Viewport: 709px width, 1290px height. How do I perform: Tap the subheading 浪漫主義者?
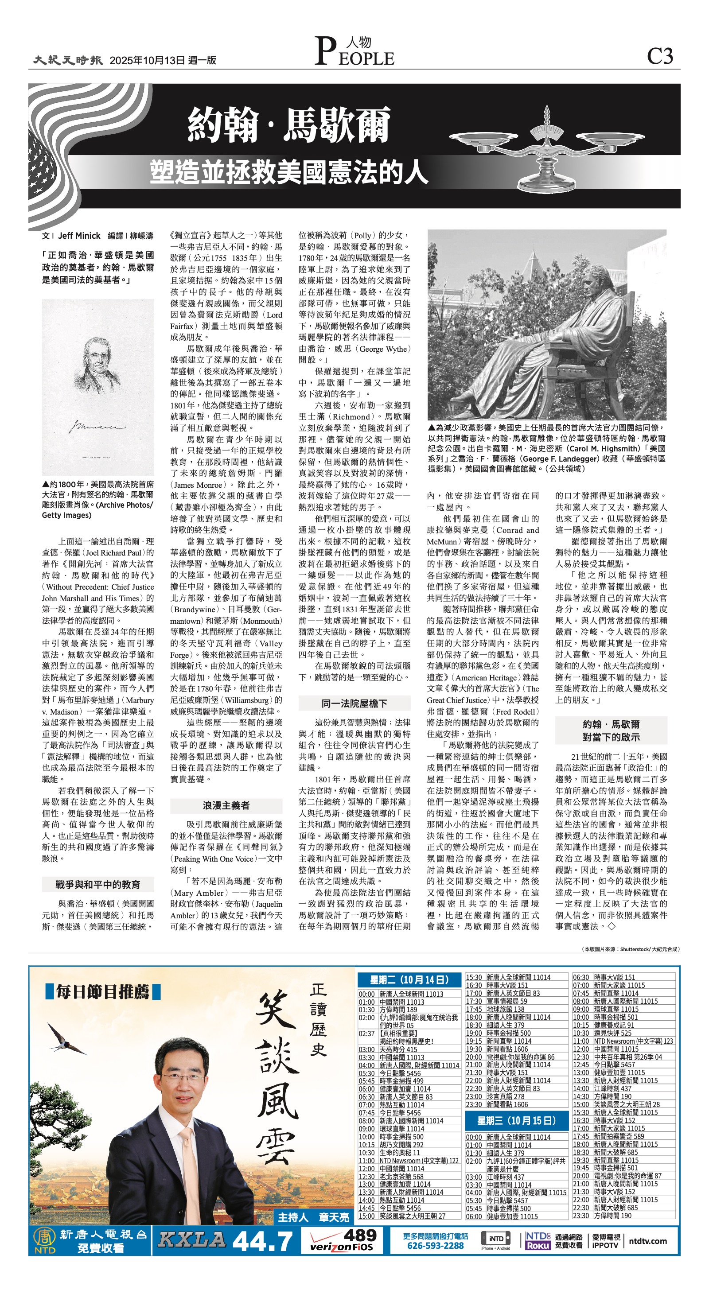point(226,805)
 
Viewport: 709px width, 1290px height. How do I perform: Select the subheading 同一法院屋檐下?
point(354,703)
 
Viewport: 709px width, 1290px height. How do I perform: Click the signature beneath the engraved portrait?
point(97,427)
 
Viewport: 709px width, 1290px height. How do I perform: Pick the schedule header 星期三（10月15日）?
point(517,1121)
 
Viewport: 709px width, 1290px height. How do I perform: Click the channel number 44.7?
point(263,1241)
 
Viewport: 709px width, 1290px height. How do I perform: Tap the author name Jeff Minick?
point(79,235)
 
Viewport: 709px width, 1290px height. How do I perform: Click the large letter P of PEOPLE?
point(326,52)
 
